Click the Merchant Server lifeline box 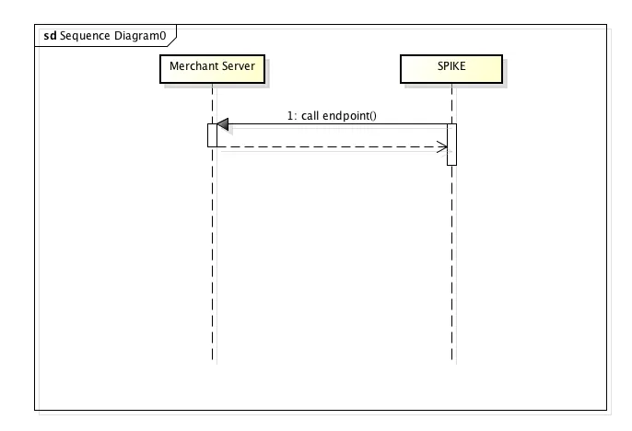[x=212, y=69]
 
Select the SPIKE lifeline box [x=451, y=69]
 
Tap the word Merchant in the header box [x=192, y=66]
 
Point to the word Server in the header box [x=237, y=66]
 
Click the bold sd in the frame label [x=50, y=34]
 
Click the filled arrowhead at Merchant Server [x=222, y=124]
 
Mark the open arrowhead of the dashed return [x=441, y=146]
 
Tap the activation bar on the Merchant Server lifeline [x=212, y=134]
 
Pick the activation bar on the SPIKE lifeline [x=451, y=145]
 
